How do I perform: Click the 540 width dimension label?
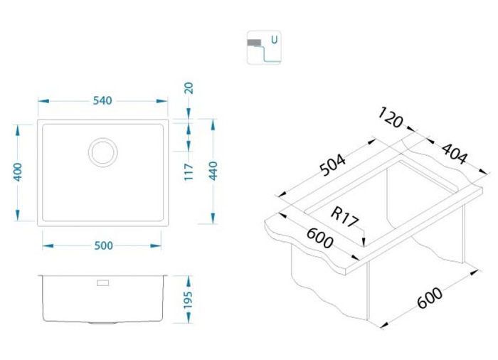102,101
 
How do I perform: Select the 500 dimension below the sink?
104,245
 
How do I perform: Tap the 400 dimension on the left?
18,172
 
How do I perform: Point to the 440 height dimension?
213,171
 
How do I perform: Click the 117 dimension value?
189,172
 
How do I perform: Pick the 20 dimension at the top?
189,88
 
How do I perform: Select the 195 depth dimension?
188,300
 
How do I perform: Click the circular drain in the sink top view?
103,152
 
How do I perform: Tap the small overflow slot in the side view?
103,283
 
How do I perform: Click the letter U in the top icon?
275,40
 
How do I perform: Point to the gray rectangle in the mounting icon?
255,43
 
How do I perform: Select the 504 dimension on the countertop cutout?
332,165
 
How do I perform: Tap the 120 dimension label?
391,117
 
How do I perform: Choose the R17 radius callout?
344,217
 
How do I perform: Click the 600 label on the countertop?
320,238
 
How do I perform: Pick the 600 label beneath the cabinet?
430,298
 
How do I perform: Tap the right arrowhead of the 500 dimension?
156,245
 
